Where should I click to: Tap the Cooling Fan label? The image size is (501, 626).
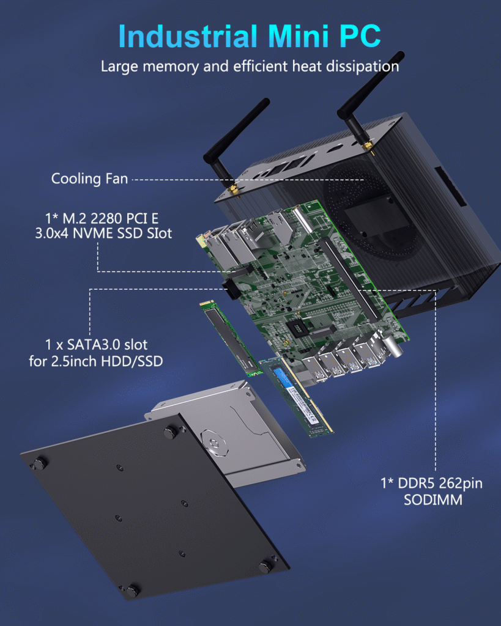tap(89, 179)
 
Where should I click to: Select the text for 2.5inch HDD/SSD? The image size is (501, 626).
tap(96, 361)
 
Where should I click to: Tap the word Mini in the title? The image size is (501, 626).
tap(298, 37)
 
